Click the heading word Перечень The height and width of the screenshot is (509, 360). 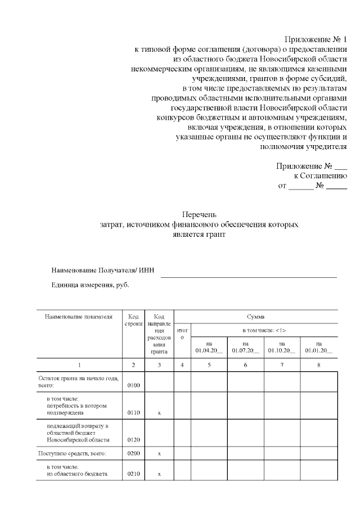[196, 214]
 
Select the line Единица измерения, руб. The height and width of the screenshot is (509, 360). [90, 285]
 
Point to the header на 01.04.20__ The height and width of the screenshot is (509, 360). [209, 346]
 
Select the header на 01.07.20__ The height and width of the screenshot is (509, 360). [245, 346]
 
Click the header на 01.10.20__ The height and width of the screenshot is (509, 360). [282, 346]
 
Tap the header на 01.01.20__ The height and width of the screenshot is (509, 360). [319, 346]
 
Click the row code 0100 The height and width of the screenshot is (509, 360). [133, 386]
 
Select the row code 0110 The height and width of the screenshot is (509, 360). [133, 413]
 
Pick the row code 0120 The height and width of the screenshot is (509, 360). [133, 440]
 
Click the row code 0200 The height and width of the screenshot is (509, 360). [133, 453]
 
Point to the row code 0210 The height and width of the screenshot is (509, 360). [133, 474]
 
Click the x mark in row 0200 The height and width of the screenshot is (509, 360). [159, 453]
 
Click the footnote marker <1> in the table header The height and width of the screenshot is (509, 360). [280, 330]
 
